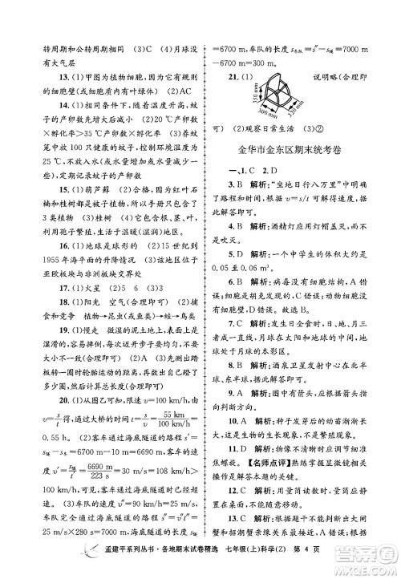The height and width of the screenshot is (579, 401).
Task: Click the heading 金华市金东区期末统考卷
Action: coord(294,148)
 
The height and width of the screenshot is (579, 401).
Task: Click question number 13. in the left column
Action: coord(52,76)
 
